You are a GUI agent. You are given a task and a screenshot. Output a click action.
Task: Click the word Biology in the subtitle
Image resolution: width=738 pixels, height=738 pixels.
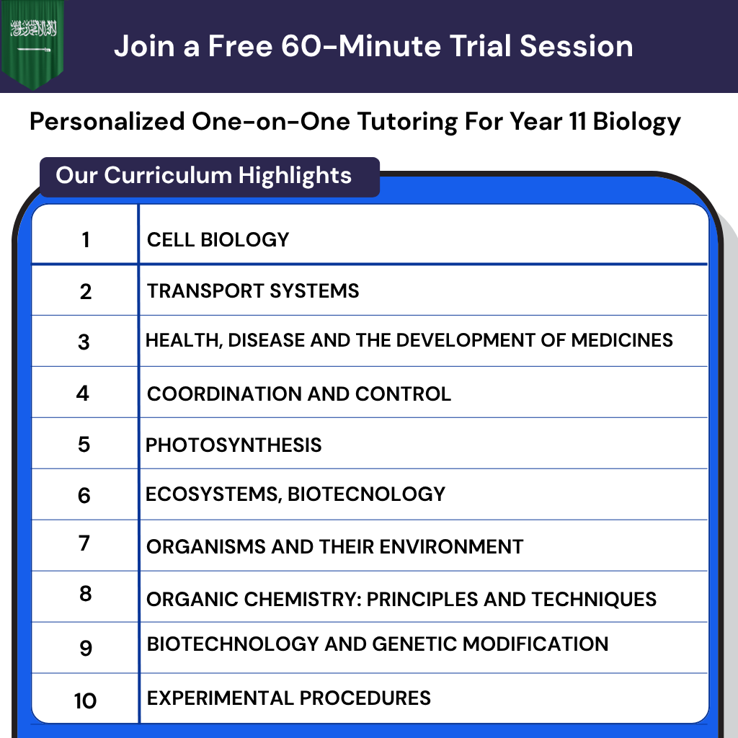click(x=636, y=121)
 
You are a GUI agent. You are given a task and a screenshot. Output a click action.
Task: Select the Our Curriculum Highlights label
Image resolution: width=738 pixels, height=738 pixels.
click(x=204, y=176)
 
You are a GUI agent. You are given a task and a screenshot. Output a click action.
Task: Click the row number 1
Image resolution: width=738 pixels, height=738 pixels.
click(x=86, y=239)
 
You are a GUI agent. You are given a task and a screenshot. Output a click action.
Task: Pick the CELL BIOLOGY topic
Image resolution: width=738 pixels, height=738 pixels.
click(x=218, y=239)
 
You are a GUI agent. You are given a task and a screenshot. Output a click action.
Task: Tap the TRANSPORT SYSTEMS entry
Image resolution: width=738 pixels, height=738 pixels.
click(x=253, y=291)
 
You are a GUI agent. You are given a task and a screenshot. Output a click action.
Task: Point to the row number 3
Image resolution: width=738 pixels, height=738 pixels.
click(x=84, y=342)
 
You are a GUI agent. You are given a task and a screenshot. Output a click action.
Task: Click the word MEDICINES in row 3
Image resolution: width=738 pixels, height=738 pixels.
click(x=622, y=339)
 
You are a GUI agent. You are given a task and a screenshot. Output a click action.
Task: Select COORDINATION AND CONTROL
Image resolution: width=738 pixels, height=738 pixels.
click(x=298, y=394)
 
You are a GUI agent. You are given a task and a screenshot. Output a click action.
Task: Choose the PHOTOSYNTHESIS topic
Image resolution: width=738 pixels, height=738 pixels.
click(x=234, y=445)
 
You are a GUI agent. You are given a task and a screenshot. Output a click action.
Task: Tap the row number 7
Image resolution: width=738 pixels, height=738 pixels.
click(x=84, y=543)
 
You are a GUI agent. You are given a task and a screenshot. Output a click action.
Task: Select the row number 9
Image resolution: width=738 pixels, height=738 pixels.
click(x=86, y=648)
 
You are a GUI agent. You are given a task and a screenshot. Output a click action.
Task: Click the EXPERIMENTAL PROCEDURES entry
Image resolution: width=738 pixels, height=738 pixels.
click(x=288, y=698)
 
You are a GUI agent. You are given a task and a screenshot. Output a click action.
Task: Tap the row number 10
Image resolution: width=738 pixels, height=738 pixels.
click(x=85, y=701)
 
